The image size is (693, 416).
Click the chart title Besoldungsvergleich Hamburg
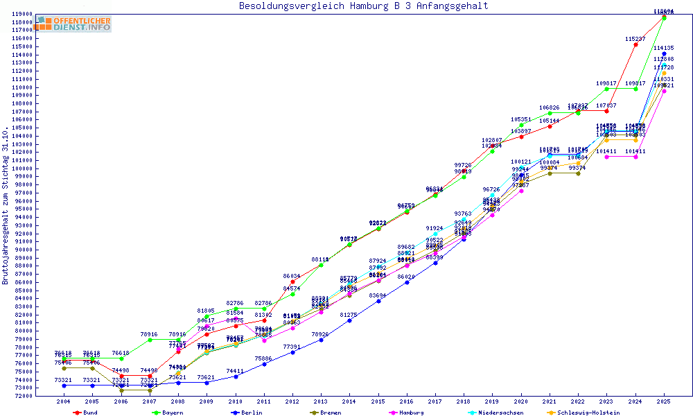click(363, 6)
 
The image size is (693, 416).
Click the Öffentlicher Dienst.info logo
click(73, 24)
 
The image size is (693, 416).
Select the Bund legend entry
click(86, 413)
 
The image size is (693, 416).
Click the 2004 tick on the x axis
click(63, 402)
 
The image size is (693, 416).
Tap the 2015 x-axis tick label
click(378, 402)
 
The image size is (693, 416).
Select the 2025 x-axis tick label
click(665, 402)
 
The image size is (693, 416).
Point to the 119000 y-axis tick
click(21, 14)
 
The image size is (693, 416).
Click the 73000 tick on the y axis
click(21, 387)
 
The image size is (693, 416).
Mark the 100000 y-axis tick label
click(21, 168)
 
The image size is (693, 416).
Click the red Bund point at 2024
click(635, 44)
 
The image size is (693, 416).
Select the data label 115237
click(635, 39)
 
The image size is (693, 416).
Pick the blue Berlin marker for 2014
click(349, 320)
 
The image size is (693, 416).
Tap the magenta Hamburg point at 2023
click(607, 157)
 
